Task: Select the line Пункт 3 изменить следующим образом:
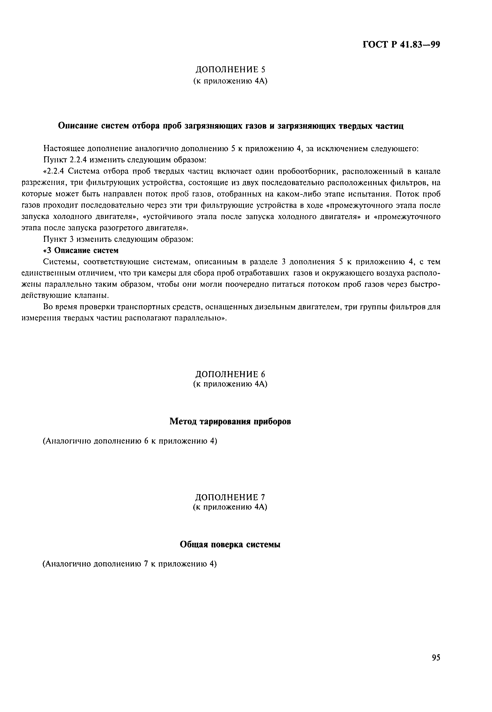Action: point(118,239)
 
